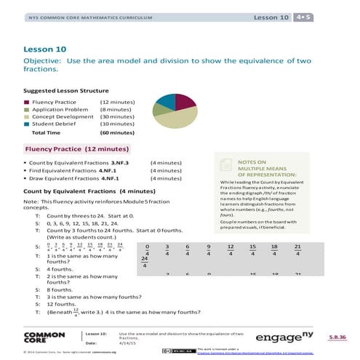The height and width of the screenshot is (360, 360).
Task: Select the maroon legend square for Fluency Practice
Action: pos(27,103)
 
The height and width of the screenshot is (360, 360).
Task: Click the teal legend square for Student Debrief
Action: pos(27,124)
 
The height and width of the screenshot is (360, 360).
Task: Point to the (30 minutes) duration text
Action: pos(116,117)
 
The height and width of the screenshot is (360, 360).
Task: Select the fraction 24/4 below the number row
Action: pos(145,263)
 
